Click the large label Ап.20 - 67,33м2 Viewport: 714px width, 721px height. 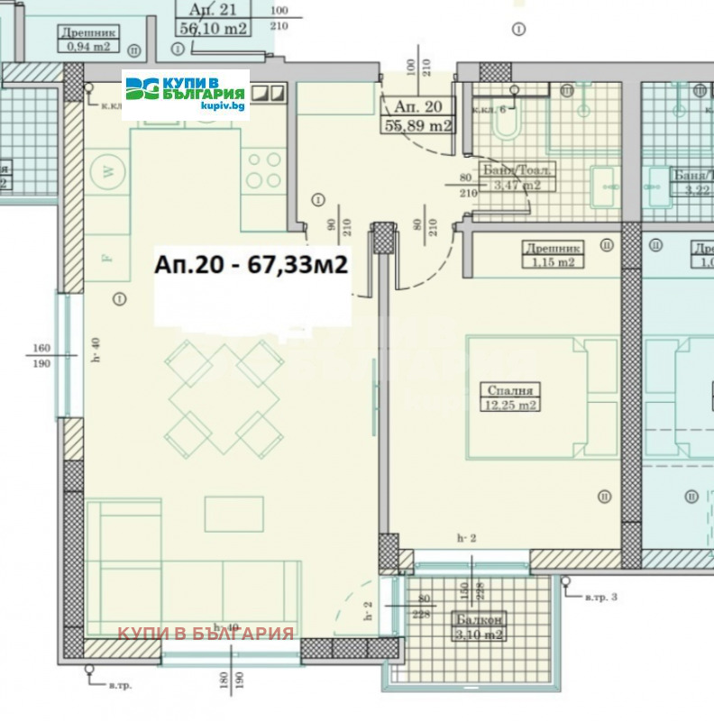(x=252, y=267)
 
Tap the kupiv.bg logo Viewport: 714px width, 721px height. (x=186, y=94)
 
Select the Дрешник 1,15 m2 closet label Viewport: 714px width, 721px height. (x=552, y=254)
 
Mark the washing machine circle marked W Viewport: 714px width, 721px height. (x=109, y=171)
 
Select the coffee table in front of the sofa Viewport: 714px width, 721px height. (x=233, y=514)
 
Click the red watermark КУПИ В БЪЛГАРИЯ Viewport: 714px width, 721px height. (x=206, y=634)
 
